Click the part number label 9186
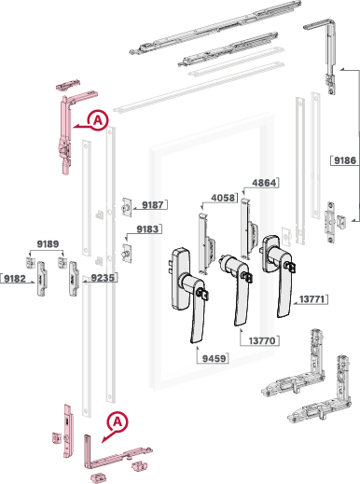[x=345, y=160]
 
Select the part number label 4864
[x=264, y=183]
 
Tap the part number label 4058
[x=223, y=198]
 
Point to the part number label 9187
[x=153, y=205]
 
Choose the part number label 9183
[x=147, y=229]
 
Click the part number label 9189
[x=48, y=244]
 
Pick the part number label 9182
[x=15, y=279]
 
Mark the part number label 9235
[x=103, y=278]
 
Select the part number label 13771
[x=312, y=299]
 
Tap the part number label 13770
[x=262, y=340]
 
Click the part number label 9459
[x=214, y=358]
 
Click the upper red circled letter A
[x=98, y=119]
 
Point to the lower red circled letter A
[x=118, y=422]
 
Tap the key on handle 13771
[x=291, y=267]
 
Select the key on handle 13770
[x=248, y=277]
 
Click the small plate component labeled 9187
[x=127, y=207]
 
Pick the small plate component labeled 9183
[x=127, y=254]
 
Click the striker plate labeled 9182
[x=42, y=279]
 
